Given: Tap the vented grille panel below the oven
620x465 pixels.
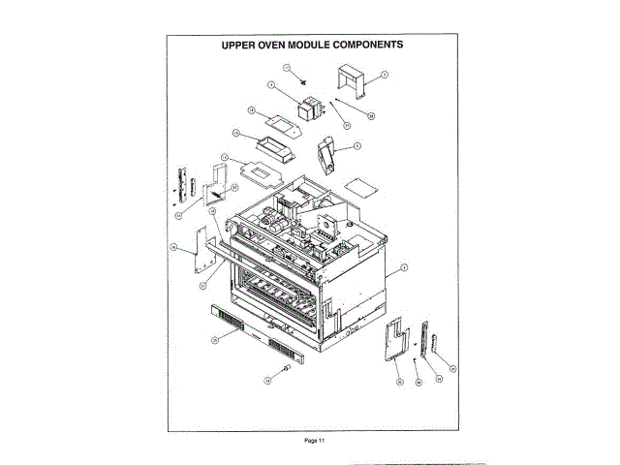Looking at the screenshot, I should [x=255, y=331].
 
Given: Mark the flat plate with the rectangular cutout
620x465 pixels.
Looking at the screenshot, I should [x=255, y=170].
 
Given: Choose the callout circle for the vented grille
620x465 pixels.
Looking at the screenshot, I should [x=215, y=340].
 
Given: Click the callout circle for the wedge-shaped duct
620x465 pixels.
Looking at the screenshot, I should [x=357, y=146].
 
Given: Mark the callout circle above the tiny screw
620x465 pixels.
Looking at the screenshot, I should [x=287, y=66].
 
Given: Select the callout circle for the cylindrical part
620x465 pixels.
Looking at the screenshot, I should [x=267, y=381].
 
